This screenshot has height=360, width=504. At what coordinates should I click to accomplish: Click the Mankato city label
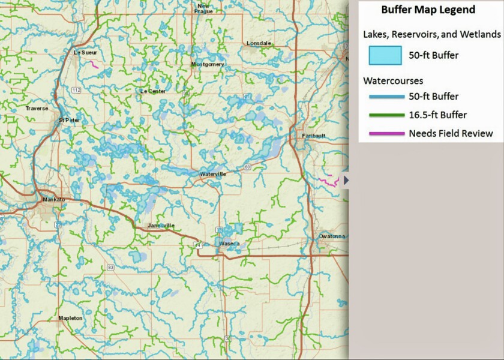pyautogui.click(x=53, y=199)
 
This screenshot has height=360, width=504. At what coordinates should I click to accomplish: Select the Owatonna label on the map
pyautogui.click(x=331, y=236)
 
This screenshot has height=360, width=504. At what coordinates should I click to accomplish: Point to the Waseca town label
pyautogui.click(x=229, y=244)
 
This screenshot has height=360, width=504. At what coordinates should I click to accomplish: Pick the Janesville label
pyautogui.click(x=161, y=226)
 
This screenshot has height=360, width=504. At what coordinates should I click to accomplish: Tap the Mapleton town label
pyautogui.click(x=70, y=318)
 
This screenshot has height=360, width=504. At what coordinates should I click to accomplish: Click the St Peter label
pyautogui.click(x=69, y=120)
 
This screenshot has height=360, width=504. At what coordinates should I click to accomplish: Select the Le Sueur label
pyautogui.click(x=85, y=53)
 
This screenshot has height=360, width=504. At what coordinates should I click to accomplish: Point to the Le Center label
pyautogui.click(x=152, y=91)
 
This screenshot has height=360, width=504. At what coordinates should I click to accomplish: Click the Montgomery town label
pyautogui.click(x=208, y=64)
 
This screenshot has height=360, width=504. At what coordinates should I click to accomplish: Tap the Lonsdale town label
pyautogui.click(x=259, y=43)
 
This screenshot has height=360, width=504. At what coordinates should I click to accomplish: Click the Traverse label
pyautogui.click(x=37, y=108)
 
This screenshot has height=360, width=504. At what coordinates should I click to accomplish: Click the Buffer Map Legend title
pyautogui.click(x=428, y=10)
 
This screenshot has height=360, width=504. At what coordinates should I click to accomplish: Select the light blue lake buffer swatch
pyautogui.click(x=385, y=56)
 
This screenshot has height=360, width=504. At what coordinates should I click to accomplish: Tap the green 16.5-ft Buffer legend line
pyautogui.click(x=385, y=115)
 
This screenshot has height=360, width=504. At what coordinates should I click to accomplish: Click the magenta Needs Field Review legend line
pyautogui.click(x=385, y=133)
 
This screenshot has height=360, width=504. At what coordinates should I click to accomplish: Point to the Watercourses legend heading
pyautogui.click(x=393, y=80)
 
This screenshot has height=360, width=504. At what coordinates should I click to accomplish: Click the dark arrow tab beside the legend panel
pyautogui.click(x=346, y=180)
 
